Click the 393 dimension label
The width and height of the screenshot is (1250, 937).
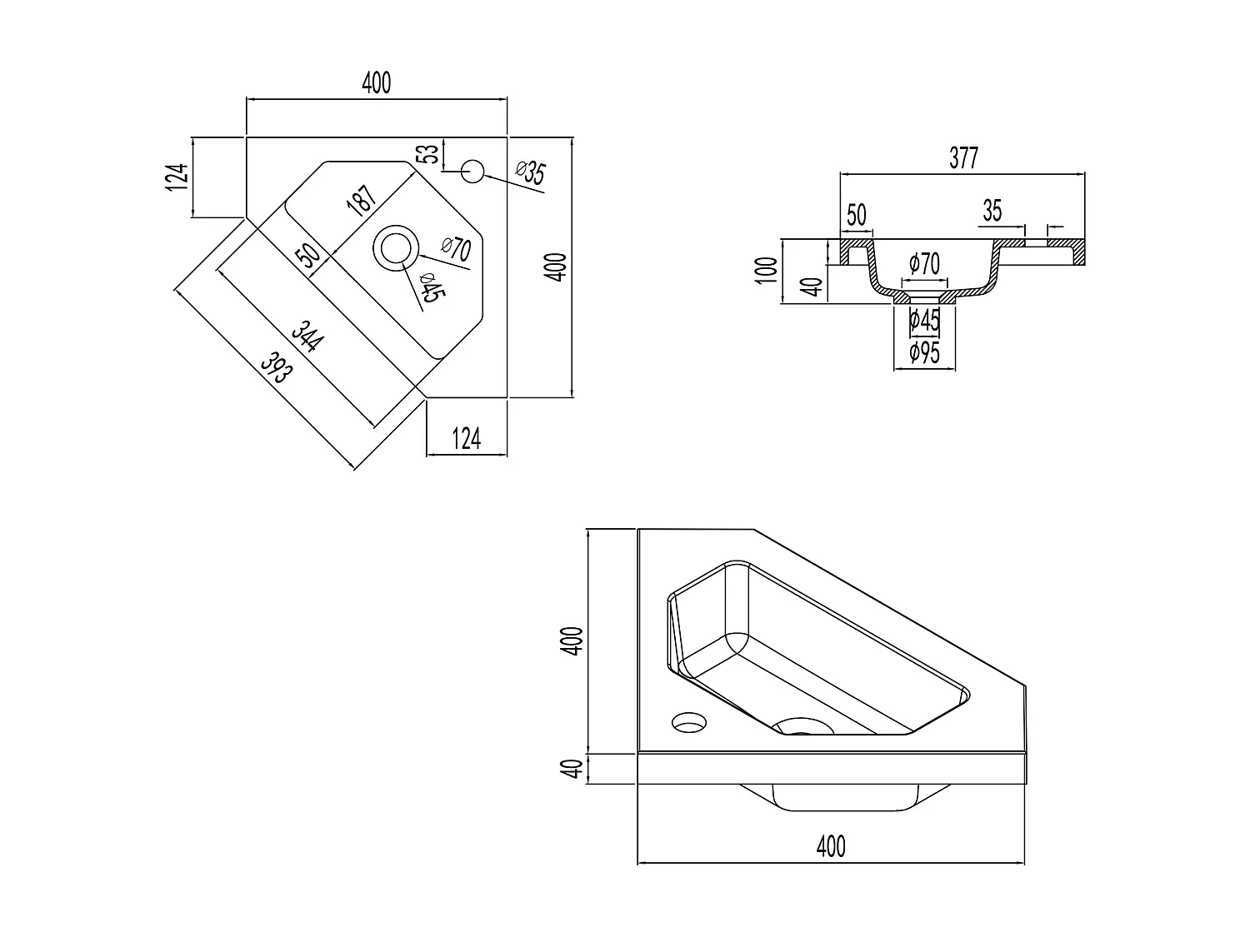(x=277, y=367)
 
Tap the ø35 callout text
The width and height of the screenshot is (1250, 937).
(x=530, y=172)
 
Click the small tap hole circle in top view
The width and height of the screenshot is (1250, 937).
(x=472, y=171)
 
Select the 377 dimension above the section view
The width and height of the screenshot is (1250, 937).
(x=962, y=158)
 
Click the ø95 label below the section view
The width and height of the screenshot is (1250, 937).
(x=924, y=353)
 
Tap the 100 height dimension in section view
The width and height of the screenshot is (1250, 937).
(x=770, y=271)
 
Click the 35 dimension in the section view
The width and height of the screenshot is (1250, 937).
(x=992, y=211)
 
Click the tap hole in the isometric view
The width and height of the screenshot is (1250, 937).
(x=689, y=721)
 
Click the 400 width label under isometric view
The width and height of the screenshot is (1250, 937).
(x=831, y=846)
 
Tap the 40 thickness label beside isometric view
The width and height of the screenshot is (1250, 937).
(x=572, y=768)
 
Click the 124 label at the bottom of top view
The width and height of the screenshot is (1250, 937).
(x=466, y=438)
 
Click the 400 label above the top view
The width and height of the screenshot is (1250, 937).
(x=376, y=83)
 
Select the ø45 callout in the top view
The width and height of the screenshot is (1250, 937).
(x=431, y=287)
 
